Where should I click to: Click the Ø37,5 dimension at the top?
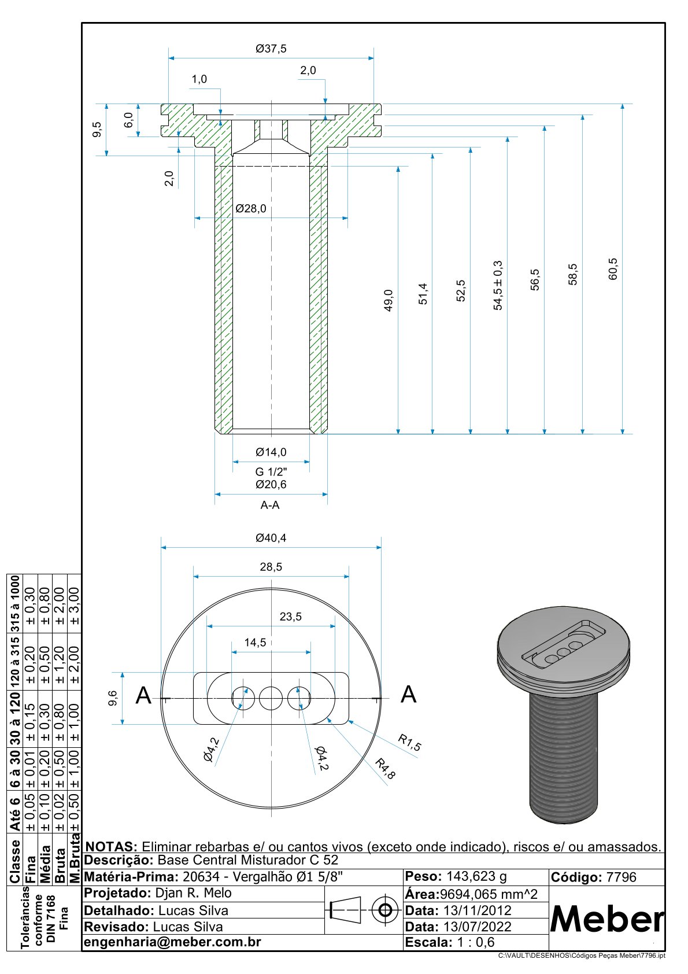(x=271, y=49)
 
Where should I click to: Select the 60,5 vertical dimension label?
(x=613, y=269)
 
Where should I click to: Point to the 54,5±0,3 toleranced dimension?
(x=498, y=285)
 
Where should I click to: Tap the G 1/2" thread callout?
(x=271, y=472)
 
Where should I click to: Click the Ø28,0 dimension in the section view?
(x=251, y=208)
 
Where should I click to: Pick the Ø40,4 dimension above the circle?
(x=271, y=538)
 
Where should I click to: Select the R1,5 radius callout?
(x=410, y=743)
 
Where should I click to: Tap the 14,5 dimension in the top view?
(x=255, y=643)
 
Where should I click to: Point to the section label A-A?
(x=270, y=505)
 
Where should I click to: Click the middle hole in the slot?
(x=271, y=699)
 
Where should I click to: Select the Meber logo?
(x=607, y=918)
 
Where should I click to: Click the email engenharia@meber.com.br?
(x=173, y=942)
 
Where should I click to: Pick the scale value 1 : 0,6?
(x=476, y=942)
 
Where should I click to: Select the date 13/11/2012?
(x=478, y=910)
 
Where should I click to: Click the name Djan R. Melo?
(x=194, y=893)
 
